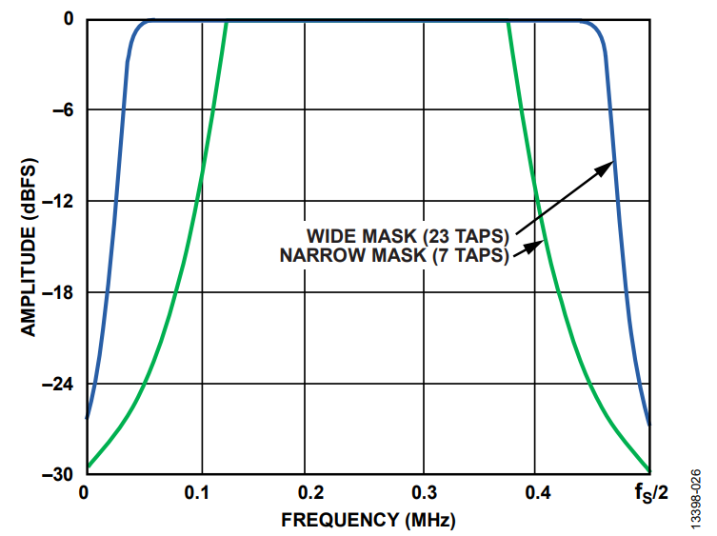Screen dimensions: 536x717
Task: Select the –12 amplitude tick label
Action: point(62,201)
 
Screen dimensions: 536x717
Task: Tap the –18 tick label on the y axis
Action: point(62,292)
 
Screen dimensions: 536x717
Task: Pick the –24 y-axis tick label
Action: point(62,384)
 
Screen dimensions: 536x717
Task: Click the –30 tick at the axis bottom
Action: point(62,473)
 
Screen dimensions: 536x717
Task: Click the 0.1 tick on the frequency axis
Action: point(196,493)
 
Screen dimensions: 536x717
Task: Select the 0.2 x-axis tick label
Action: point(309,493)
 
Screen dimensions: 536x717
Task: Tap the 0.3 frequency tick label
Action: point(424,493)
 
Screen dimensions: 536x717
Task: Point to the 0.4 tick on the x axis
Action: point(537,493)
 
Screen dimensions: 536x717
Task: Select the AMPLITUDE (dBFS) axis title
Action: point(29,246)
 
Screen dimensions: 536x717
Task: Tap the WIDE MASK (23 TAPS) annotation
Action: point(408,234)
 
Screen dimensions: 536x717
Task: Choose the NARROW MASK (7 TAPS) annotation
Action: point(394,254)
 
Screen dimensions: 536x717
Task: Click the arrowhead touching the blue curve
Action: point(608,166)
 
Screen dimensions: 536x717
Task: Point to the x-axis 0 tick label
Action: point(85,493)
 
